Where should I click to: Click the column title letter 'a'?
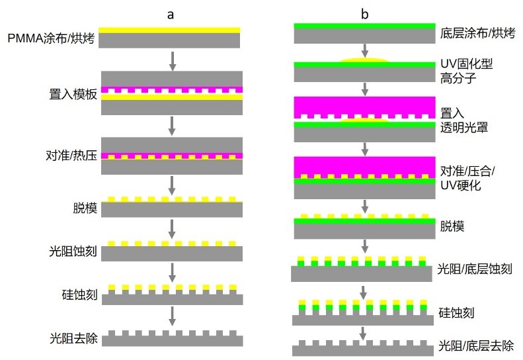(171, 15)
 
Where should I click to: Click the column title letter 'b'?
(364, 14)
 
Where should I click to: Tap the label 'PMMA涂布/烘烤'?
(52, 38)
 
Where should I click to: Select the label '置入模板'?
(73, 94)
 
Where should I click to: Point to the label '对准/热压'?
(71, 156)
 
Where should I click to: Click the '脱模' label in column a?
(85, 208)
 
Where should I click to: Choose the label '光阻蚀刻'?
(73, 251)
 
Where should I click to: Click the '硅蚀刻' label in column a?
(79, 295)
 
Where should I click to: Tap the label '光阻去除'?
(73, 338)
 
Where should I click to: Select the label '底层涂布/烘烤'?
(477, 33)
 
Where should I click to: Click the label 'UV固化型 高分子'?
(466, 71)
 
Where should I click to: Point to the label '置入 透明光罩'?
(464, 120)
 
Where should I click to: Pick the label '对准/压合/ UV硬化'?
(467, 178)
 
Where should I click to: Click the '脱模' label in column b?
(452, 226)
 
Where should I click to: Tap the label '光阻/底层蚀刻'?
(475, 269)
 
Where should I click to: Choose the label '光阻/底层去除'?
(476, 345)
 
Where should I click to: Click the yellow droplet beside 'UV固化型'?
(364, 60)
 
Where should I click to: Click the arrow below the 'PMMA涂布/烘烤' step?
(172, 61)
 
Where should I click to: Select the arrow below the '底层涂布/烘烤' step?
(365, 50)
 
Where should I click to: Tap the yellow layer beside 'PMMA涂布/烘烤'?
(169, 30)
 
